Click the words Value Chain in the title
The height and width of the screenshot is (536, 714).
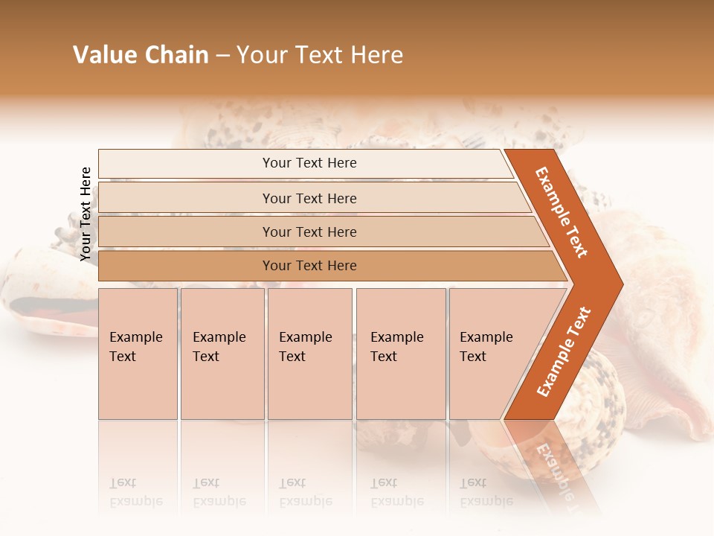pyautogui.click(x=141, y=55)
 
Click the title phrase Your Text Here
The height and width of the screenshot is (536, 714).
pyautogui.click(x=320, y=55)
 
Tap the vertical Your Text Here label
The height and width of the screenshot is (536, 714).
pyautogui.click(x=86, y=214)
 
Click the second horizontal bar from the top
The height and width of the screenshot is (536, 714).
pyautogui.click(x=309, y=198)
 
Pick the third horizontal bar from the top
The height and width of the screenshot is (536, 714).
pyautogui.click(x=309, y=232)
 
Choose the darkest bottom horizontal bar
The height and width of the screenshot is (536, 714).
pyautogui.click(x=309, y=266)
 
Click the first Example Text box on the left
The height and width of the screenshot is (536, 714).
pyautogui.click(x=138, y=354)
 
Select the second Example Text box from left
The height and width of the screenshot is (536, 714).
pyautogui.click(x=222, y=354)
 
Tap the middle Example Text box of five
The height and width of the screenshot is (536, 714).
pyautogui.click(x=309, y=354)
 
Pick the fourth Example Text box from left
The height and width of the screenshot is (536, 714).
pyautogui.click(x=400, y=354)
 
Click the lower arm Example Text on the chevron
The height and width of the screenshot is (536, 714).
pyautogui.click(x=564, y=351)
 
